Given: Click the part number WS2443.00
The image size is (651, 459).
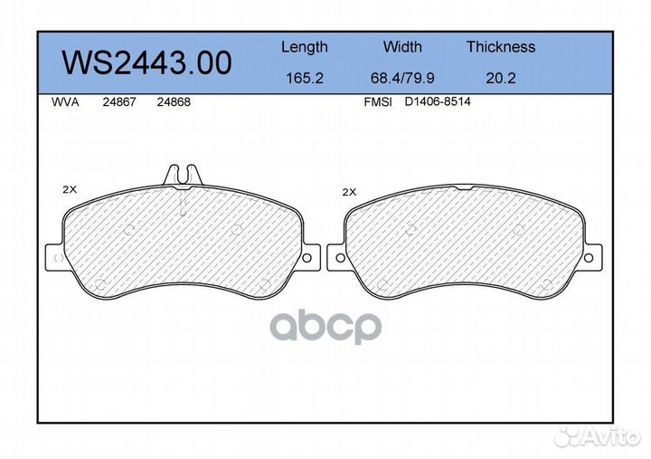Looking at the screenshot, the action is pos(146,62).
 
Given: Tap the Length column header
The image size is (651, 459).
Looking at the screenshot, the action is pos(305,47).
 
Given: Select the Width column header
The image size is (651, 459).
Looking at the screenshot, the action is pos(402,46).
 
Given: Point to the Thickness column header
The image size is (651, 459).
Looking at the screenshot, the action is pos(501,46).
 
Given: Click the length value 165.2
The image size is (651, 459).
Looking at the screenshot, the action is pos(305,78).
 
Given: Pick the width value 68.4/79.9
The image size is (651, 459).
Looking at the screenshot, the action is pos(402,78).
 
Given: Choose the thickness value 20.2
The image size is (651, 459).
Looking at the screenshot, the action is pos(501,78).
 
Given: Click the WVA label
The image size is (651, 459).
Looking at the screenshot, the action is pos(65,102).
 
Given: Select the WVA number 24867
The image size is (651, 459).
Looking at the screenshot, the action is pos(119,102).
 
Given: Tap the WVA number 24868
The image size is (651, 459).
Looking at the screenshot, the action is pos(174,102).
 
